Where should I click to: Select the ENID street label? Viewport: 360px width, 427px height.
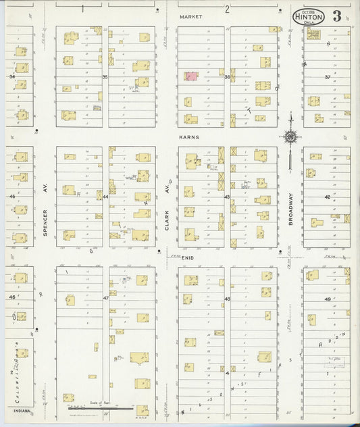pyautogui.click(x=188, y=257)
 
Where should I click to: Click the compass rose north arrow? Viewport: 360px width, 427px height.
pyautogui.click(x=290, y=138)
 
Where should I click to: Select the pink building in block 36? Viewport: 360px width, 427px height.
pyautogui.click(x=192, y=76)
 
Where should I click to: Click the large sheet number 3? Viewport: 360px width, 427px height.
pyautogui.click(x=336, y=17)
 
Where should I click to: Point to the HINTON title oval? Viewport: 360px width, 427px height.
pyautogui.click(x=307, y=17)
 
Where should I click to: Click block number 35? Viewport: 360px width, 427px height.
pyautogui.click(x=105, y=78)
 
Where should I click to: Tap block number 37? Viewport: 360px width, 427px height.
pyautogui.click(x=328, y=77)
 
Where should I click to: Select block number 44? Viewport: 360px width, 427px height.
pyautogui.click(x=105, y=197)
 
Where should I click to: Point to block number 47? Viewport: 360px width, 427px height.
pyautogui.click(x=105, y=298)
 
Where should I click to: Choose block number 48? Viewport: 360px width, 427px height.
pyautogui.click(x=227, y=299)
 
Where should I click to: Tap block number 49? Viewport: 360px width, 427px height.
pyautogui.click(x=328, y=299)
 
